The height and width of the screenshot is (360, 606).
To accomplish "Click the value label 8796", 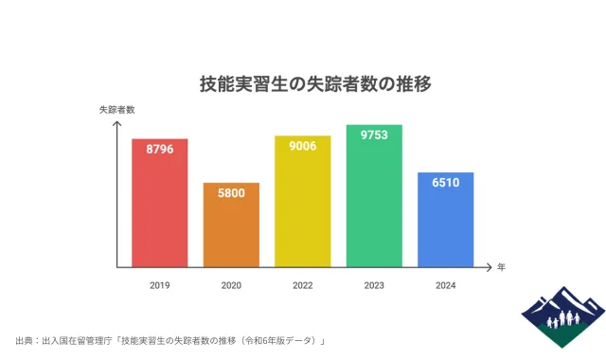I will click(160, 149).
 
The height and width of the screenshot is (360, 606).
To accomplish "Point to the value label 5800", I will click(231, 192).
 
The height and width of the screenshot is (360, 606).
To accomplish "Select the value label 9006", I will click(303, 146).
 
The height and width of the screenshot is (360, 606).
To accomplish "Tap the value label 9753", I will click(374, 135).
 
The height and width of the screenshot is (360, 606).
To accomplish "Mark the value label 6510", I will click(445, 182).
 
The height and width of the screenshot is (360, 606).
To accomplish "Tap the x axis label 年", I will click(502, 267).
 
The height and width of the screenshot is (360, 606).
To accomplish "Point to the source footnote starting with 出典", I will click(170, 340).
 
